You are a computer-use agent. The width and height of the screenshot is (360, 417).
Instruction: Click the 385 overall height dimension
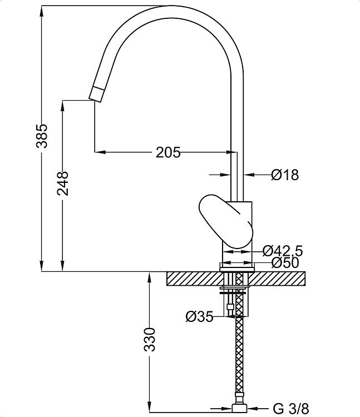[x=42, y=136]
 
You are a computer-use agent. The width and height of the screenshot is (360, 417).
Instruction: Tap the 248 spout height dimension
[x=63, y=184]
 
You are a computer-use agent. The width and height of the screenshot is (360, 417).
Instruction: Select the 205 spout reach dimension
[x=168, y=153]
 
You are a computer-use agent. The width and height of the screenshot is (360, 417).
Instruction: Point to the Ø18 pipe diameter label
[x=285, y=175]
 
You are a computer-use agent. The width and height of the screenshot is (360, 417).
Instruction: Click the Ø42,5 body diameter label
[x=283, y=251]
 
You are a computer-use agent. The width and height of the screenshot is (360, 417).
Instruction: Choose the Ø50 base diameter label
[x=285, y=264]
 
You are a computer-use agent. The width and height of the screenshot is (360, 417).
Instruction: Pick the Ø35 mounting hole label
[x=200, y=317]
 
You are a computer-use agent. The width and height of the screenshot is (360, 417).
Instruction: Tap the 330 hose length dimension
[x=150, y=340]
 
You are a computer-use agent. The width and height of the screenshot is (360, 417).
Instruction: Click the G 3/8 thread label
[x=291, y=409]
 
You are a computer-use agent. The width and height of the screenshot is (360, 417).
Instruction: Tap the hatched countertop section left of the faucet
[x=195, y=279]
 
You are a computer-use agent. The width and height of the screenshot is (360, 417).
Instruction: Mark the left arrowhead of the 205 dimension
[x=100, y=152]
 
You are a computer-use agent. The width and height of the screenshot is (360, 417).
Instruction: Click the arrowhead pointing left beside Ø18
[x=249, y=175]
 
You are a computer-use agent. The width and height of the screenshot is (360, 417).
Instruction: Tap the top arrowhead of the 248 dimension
[x=63, y=106]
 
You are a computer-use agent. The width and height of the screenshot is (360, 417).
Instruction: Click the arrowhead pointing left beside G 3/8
[x=253, y=409]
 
